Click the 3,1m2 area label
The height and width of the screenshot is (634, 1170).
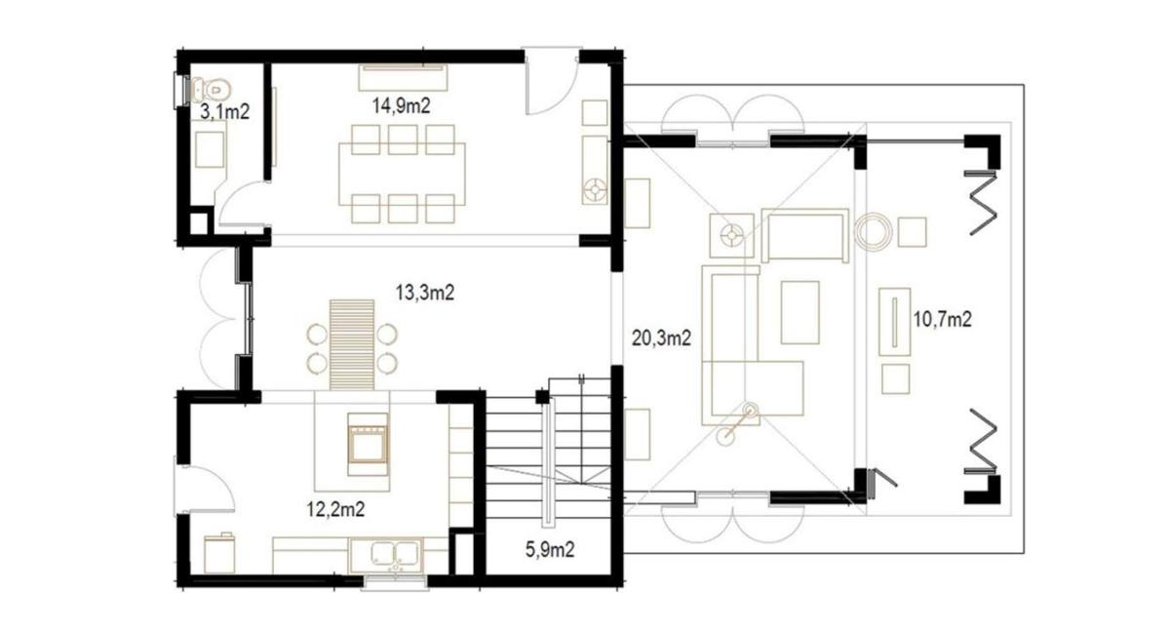pos(224,111)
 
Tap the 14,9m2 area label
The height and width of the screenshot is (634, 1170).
pos(401,106)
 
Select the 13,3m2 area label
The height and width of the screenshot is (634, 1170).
pos(425,293)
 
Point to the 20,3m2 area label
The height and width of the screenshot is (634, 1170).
pos(661,338)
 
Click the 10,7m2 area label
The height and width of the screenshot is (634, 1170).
pos(942,319)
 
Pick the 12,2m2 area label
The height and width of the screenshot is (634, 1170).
pos(335,508)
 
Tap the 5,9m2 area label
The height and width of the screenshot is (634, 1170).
pos(550,549)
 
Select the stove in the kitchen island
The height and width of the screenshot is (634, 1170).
pos(368,445)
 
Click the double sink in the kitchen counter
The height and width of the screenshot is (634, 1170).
pos(396,554)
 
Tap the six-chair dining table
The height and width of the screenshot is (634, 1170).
pos(402,174)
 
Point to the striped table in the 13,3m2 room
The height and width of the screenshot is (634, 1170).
pos(352,345)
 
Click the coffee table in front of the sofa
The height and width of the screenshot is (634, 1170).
pos(799,312)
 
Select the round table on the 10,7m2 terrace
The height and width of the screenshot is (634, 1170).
pos(874,231)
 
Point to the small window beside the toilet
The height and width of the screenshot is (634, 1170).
pos(180,92)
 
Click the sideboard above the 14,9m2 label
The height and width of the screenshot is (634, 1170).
pos(403,77)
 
